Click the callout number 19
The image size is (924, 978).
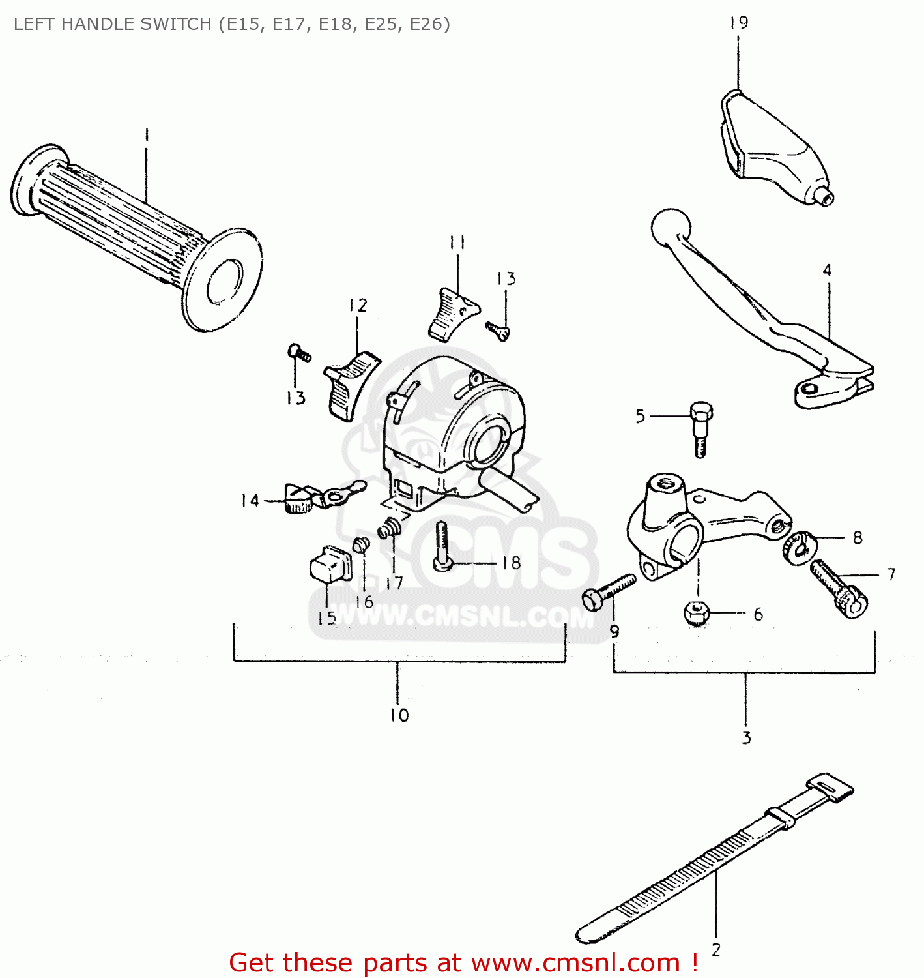point(738,23)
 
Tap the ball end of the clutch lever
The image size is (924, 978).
point(671,227)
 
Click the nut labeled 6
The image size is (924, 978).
point(697,613)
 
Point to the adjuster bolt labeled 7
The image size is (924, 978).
point(838,589)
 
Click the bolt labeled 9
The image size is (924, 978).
point(607,591)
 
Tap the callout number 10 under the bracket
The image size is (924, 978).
point(399,715)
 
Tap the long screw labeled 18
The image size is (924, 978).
point(442,545)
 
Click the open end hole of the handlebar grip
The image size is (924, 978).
point(225,280)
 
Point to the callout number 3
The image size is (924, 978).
point(746,737)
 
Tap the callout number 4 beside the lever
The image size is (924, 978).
point(827,270)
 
